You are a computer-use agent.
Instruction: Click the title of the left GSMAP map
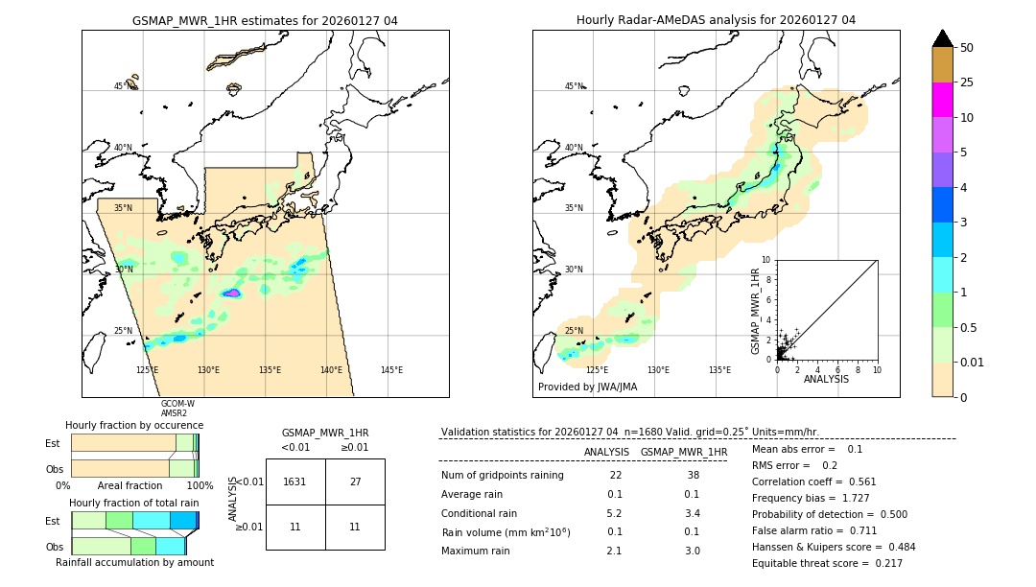click(265, 20)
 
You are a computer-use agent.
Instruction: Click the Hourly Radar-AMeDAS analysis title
click(716, 20)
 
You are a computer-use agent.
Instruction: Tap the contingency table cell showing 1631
click(295, 481)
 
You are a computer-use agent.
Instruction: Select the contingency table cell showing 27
click(355, 481)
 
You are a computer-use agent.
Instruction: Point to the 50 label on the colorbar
click(967, 48)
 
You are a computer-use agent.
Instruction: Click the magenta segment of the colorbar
click(942, 100)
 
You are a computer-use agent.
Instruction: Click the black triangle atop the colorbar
click(942, 38)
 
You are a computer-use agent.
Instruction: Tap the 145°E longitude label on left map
click(391, 370)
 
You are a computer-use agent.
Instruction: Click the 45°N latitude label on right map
click(574, 86)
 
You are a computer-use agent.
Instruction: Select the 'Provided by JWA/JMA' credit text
click(587, 387)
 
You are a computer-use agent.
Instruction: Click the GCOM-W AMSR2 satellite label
click(177, 409)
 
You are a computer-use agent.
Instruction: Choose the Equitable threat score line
click(827, 564)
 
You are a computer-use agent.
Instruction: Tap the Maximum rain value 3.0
click(692, 551)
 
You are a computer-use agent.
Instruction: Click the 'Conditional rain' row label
click(481, 513)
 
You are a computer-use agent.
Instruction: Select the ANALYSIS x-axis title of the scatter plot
click(826, 379)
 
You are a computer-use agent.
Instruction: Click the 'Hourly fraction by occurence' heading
click(134, 425)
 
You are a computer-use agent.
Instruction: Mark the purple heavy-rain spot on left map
click(233, 293)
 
